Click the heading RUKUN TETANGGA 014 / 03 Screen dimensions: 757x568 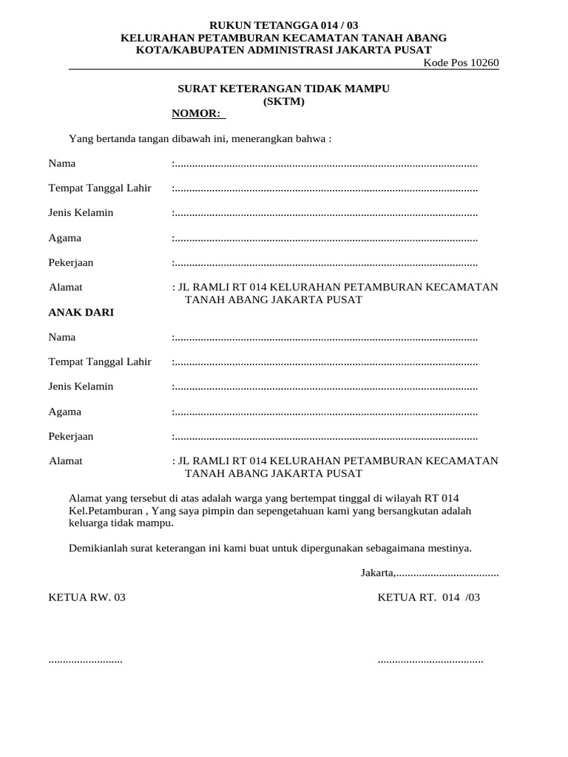click(284, 25)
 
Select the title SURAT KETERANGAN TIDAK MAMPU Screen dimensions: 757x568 click(283, 89)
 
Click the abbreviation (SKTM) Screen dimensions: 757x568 click(283, 101)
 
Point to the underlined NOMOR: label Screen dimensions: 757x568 click(197, 114)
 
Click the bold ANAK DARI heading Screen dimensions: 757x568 click(81, 313)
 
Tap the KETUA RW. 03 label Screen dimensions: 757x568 click(87, 597)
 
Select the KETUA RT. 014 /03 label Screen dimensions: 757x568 click(429, 597)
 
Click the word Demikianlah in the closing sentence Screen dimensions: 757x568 click(97, 549)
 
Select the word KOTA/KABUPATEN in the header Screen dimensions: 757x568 click(182, 50)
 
